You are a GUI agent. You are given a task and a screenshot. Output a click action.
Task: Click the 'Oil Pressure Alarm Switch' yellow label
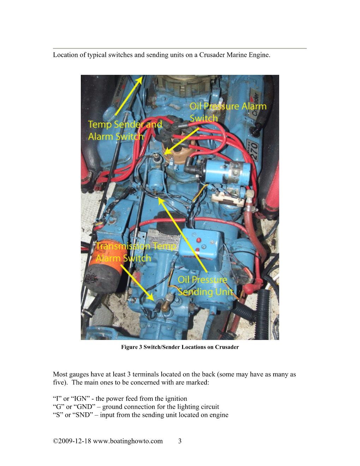coord(228,112)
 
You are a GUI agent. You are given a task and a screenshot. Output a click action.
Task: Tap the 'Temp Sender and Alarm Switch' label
coord(125,130)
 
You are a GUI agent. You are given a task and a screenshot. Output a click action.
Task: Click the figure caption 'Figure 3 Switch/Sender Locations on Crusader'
coord(180,347)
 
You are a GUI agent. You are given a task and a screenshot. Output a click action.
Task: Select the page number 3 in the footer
coord(180,441)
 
